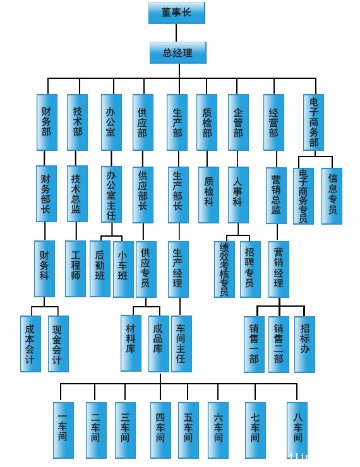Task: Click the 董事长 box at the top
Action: coord(177,13)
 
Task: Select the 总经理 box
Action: coord(178,53)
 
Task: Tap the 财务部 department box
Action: coord(47,122)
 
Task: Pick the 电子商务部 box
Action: coord(313,122)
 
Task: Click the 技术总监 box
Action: coord(77,194)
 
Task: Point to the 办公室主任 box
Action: coord(111,194)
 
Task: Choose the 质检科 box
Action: coord(208,195)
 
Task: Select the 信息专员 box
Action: coord(332,196)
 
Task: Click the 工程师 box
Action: coord(75,269)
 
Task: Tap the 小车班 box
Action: coord(123,269)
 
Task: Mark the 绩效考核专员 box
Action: coord(224,269)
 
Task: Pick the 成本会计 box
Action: coord(30,344)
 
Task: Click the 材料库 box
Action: coord(131,343)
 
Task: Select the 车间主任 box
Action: coord(181,344)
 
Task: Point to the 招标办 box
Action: coord(304,345)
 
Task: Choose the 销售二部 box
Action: coord(279,345)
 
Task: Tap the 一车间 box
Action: coord(64,430)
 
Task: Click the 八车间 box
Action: coord(297,430)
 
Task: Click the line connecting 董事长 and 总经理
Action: coord(176,33)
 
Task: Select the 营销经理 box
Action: coord(279,269)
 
